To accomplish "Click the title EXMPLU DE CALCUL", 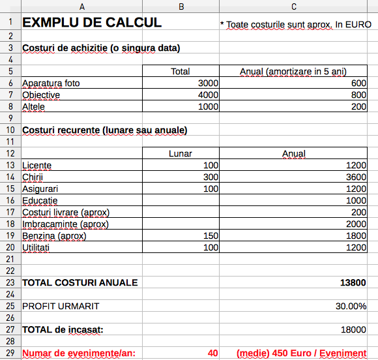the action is tap(92, 23).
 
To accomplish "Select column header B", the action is tap(181, 7).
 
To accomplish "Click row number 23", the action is tap(10, 282).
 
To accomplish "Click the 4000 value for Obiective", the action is tap(209, 95).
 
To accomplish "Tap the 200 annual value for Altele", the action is tap(358, 107).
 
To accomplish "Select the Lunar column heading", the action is tap(181, 154).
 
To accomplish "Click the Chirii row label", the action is tap(31, 177).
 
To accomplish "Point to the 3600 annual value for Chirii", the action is tap(356, 177).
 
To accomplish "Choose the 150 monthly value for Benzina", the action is tap(211, 236).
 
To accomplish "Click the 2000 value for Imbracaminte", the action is tap(356, 224).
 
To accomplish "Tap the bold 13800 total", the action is tap(353, 283).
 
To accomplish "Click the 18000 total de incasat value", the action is tap(353, 330).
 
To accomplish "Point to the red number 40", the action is tap(213, 353).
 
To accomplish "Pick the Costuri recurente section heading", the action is tap(105, 130).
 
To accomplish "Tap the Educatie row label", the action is tap(40, 201).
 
